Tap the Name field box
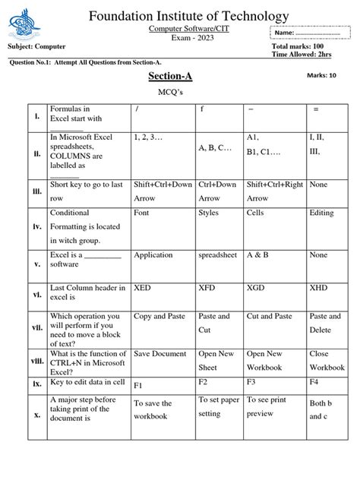tap(310, 33)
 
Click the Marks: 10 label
tap(321, 76)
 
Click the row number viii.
tap(36, 362)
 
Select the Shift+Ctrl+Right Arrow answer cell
tap(275, 191)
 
